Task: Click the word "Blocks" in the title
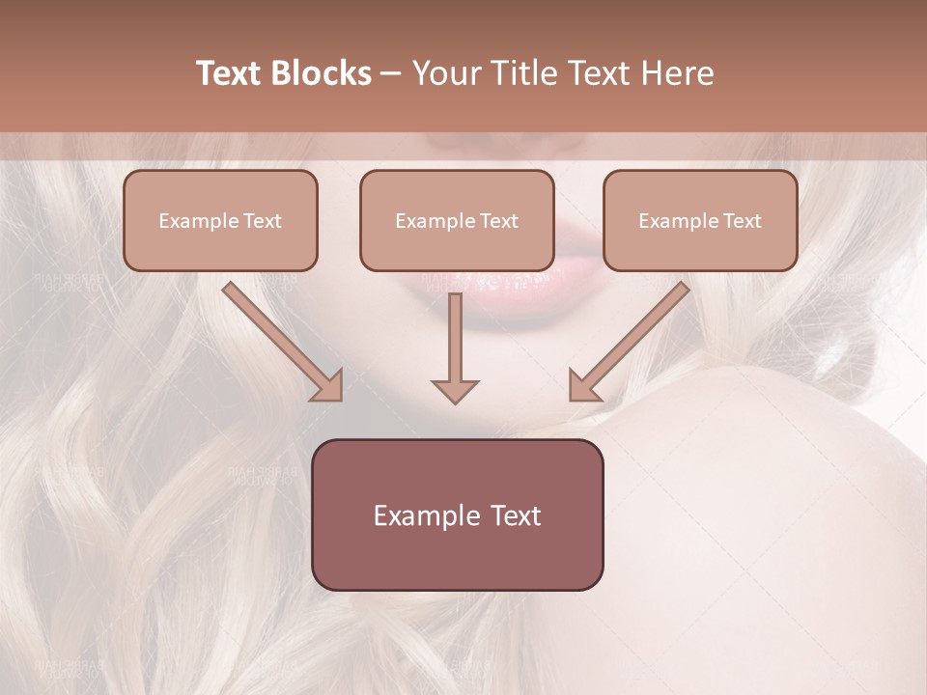pos(323,73)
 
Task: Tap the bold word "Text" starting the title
pos(232,73)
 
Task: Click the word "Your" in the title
pos(448,73)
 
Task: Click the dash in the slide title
pos(392,73)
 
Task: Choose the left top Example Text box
pos(220,220)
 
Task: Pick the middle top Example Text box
pos(457,220)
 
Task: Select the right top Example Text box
pos(700,220)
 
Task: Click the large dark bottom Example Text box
pos(457,514)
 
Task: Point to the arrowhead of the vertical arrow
pos(455,390)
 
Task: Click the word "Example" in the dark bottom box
pos(426,515)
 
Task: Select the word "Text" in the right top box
pos(742,221)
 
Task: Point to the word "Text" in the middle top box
pos(498,221)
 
